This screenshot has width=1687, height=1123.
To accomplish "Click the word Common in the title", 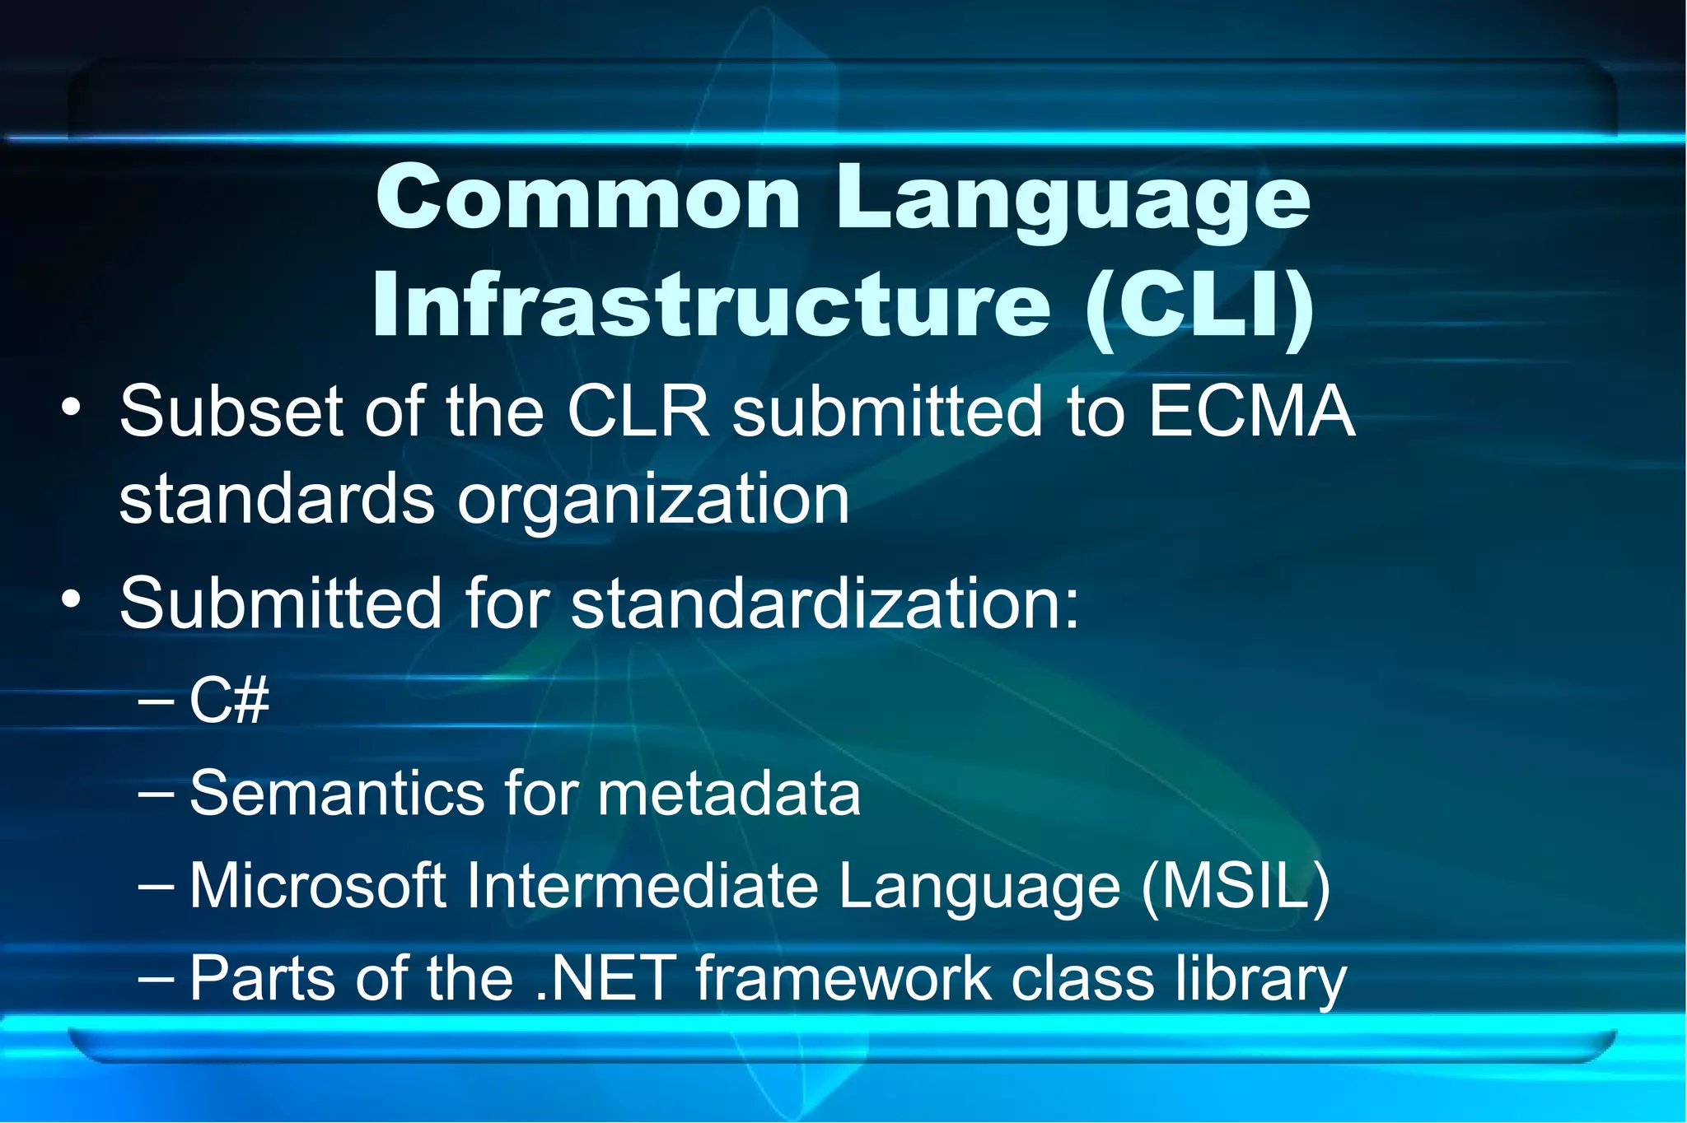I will pyautogui.click(x=588, y=198).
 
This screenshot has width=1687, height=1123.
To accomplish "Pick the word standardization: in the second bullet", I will pyautogui.click(x=825, y=603).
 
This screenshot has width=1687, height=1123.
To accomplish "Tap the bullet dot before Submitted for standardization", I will pyautogui.click(x=72, y=599).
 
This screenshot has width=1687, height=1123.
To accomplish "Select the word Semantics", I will pyautogui.click(x=337, y=794).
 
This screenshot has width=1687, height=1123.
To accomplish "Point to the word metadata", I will pyautogui.click(x=729, y=794).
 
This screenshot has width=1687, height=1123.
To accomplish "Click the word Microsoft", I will pyautogui.click(x=318, y=887).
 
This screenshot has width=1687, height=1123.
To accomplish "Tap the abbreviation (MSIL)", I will pyautogui.click(x=1236, y=888).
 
